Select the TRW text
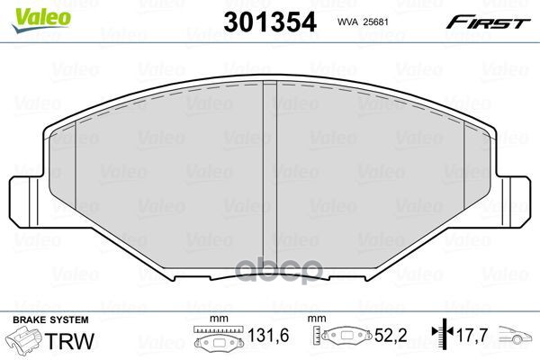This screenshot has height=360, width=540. (58, 340)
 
